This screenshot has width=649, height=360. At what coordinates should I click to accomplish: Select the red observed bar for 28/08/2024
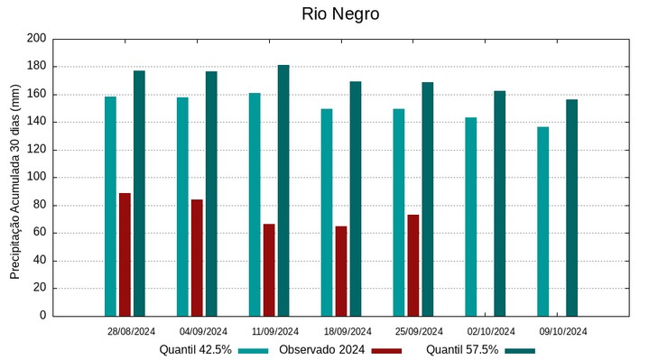125,254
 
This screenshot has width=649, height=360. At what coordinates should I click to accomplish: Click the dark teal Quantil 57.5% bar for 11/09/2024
283,190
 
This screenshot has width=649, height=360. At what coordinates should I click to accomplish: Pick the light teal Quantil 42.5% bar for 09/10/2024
542,221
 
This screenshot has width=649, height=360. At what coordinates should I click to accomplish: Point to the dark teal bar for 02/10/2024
499,203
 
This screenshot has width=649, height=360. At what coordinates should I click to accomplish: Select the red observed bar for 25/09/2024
413,265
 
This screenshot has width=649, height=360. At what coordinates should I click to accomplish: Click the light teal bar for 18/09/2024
327,212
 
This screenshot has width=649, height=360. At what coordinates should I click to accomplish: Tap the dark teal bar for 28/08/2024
139,193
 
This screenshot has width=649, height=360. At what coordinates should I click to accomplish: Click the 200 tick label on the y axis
36,39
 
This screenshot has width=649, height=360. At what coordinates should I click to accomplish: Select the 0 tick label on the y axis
42,316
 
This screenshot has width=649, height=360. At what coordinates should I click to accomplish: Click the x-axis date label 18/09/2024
348,331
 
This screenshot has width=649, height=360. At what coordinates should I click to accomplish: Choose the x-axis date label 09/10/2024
563,331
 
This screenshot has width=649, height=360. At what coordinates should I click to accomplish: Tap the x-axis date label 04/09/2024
204,331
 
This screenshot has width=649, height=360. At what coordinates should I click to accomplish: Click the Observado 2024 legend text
321,350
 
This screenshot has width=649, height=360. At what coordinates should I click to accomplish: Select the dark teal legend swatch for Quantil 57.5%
520,350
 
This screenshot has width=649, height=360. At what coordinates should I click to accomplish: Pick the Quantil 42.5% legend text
196,350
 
